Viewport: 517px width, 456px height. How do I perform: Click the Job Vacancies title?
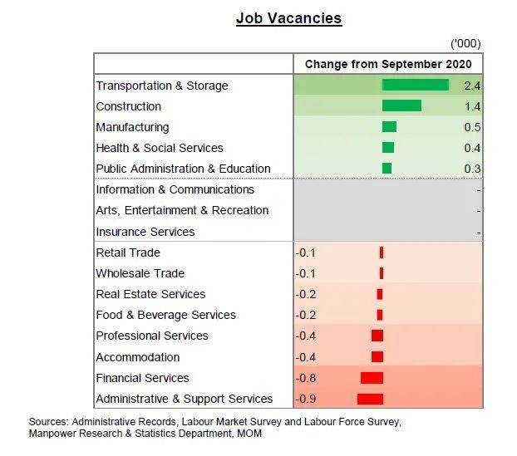[x=288, y=18]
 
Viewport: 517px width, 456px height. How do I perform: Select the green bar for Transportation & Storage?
[x=415, y=85]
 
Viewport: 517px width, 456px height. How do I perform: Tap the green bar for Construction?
[x=401, y=105]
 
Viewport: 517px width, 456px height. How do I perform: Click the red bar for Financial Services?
[x=372, y=378]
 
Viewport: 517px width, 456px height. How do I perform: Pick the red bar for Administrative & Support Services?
[x=370, y=399]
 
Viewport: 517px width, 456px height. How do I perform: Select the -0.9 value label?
[x=307, y=399]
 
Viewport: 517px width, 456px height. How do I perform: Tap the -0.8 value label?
[x=307, y=378]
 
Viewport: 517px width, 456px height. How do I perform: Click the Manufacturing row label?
[x=132, y=127]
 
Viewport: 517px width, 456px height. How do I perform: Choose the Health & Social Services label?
[x=160, y=148]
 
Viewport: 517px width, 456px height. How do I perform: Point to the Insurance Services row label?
[x=145, y=232]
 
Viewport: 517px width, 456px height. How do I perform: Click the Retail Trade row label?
[x=128, y=253]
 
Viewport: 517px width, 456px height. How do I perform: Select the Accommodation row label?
[x=138, y=357]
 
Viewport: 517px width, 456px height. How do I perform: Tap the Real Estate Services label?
[x=150, y=294]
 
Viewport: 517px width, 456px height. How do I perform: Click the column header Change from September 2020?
[x=388, y=64]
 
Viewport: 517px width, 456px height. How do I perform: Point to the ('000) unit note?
[x=465, y=43]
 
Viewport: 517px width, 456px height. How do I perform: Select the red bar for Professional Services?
[x=377, y=336]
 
